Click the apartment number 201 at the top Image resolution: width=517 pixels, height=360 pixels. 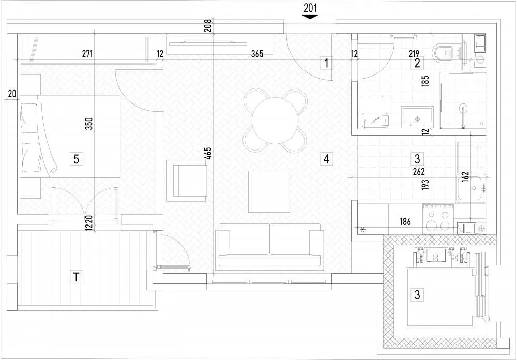tap(310, 8)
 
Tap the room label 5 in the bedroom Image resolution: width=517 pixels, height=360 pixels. tap(76, 159)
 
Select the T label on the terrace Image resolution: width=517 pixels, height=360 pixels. tap(77, 277)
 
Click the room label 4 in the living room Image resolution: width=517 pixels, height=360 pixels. tap(326, 159)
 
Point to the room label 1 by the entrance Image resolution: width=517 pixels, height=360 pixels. tap(326, 63)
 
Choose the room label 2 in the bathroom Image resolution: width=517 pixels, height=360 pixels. tap(417, 63)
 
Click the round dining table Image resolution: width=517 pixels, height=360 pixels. tap(275, 121)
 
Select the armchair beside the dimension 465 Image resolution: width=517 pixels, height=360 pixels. tap(187, 181)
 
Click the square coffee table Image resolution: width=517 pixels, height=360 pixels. tap(269, 191)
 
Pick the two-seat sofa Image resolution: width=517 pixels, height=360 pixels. tap(269, 245)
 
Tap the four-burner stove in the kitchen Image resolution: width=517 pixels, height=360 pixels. tap(438, 219)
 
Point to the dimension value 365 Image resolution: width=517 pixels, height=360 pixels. tap(257, 54)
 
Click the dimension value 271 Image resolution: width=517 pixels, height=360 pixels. tap(87, 54)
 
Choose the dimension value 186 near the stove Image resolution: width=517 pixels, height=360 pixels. tap(405, 221)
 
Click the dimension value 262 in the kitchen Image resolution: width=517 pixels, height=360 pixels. tap(419, 172)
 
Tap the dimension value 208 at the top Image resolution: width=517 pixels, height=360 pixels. tap(208, 26)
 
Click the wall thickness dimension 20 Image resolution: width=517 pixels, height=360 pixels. tap(12, 94)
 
